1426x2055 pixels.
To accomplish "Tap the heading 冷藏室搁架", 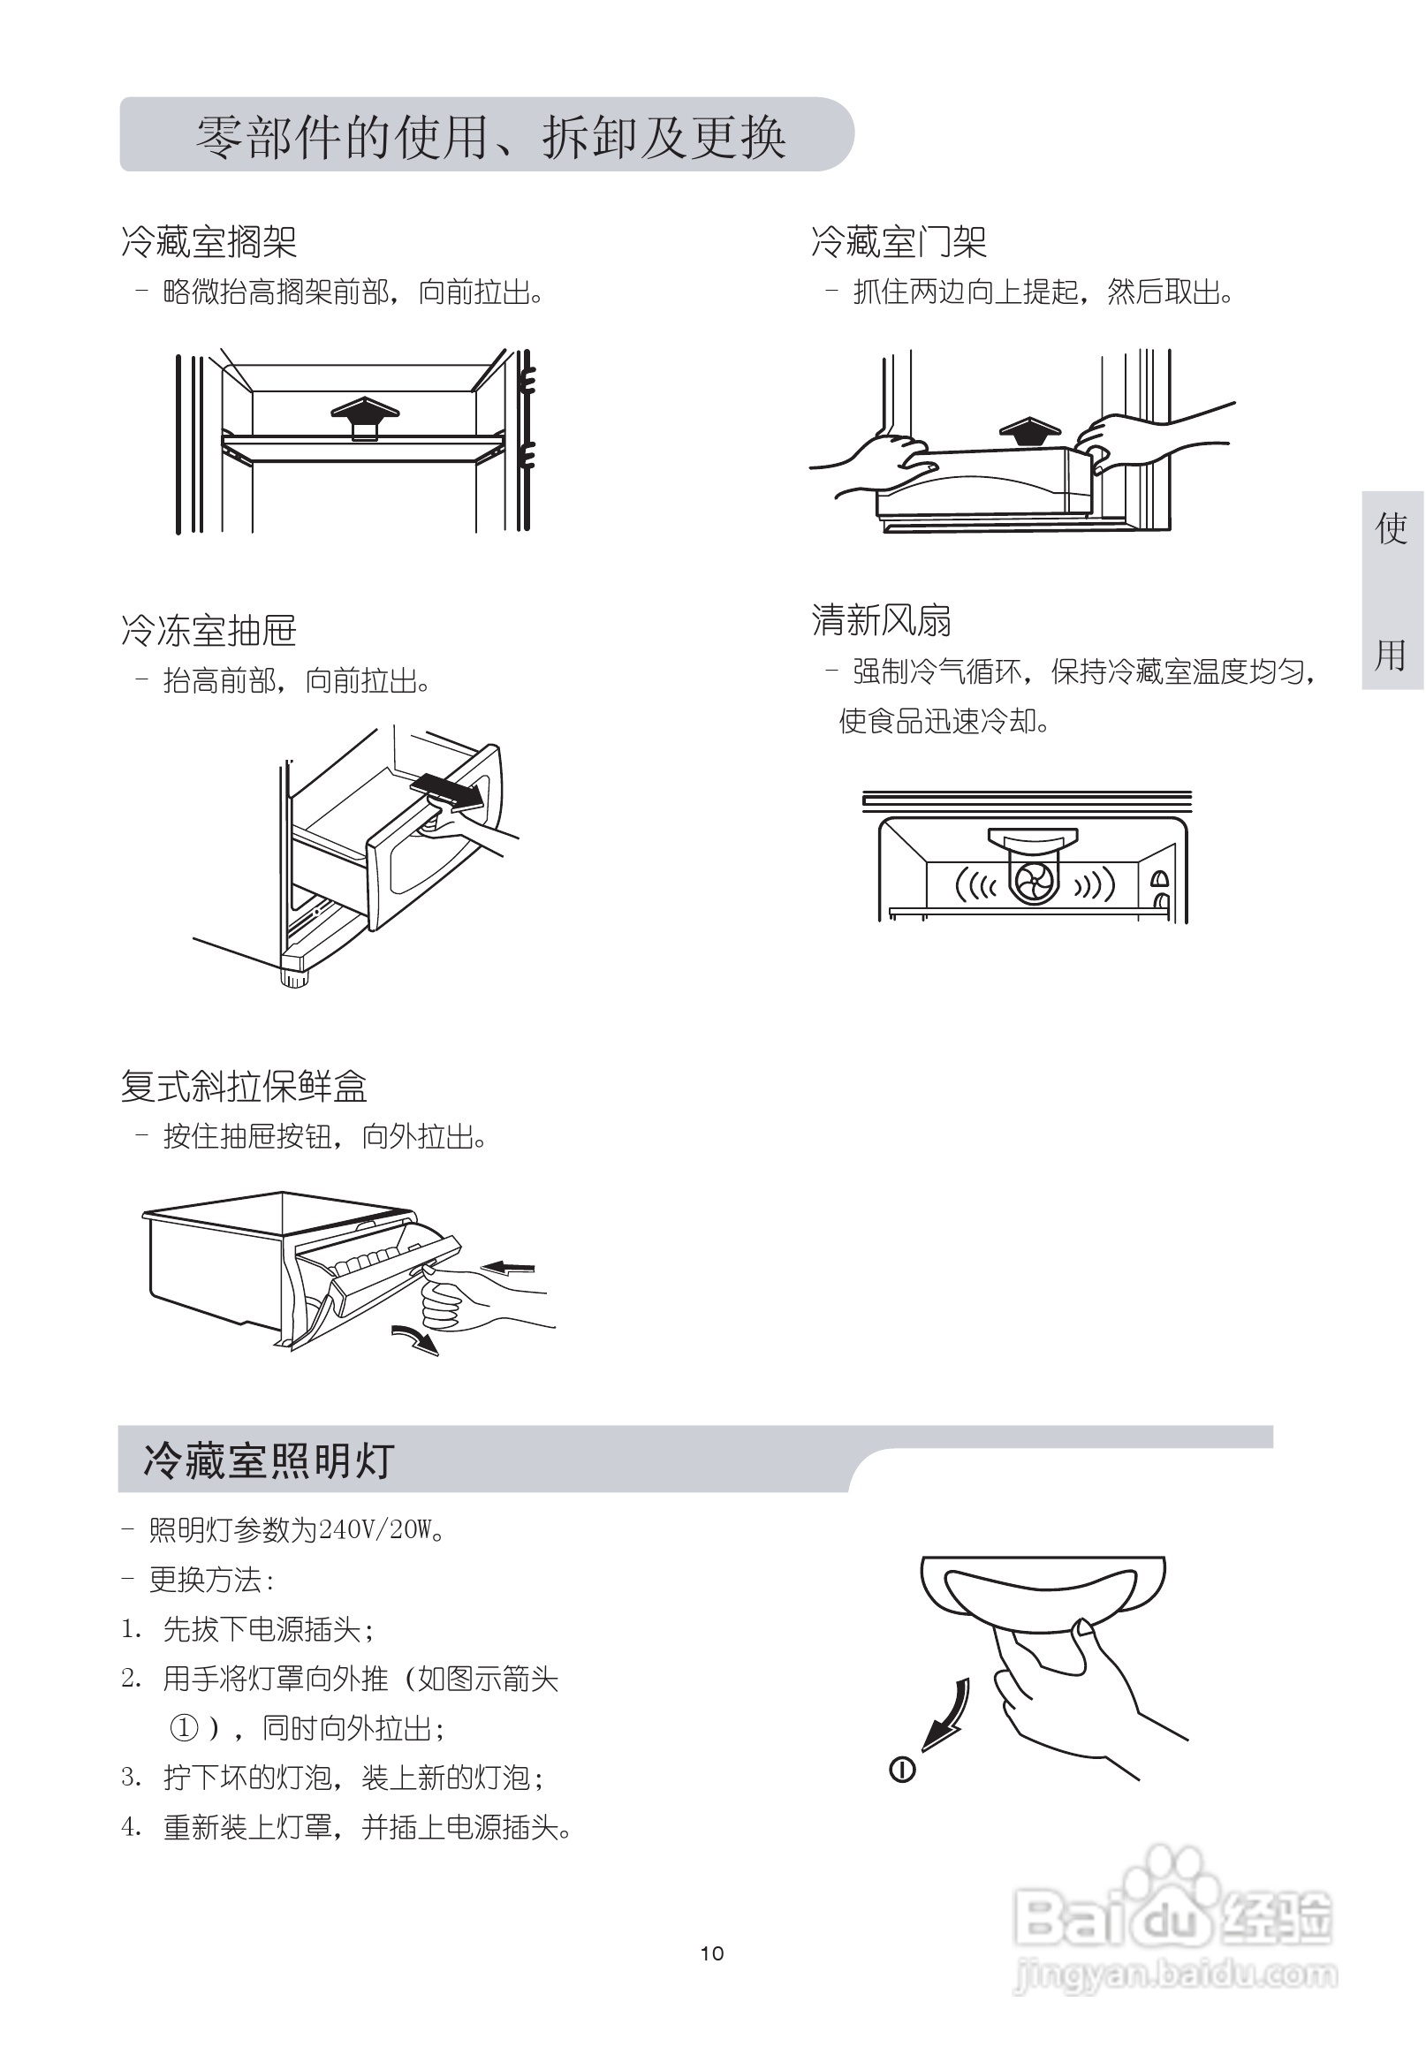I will (209, 241).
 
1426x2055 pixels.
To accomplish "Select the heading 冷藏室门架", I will (898, 241).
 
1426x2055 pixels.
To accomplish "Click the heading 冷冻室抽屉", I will (209, 631).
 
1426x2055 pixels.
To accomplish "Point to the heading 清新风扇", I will (881, 620).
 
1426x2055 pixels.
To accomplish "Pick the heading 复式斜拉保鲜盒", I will (244, 1087).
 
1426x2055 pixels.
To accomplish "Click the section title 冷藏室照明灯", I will (268, 1461).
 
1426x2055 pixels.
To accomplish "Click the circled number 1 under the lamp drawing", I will (901, 1769).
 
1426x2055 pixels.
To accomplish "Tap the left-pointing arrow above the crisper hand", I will (508, 1267).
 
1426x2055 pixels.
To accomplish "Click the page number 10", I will (712, 1953).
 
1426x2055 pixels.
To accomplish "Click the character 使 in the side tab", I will (1392, 529).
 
